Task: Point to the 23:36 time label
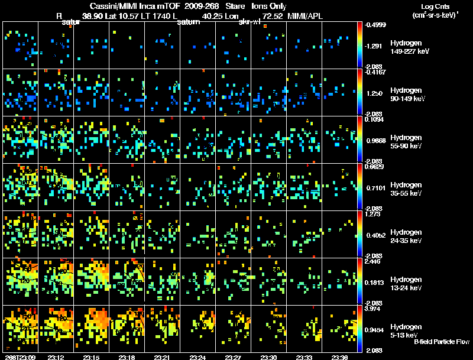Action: pyautogui.click(x=340, y=357)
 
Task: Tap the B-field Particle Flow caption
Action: pyautogui.click(x=442, y=342)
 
